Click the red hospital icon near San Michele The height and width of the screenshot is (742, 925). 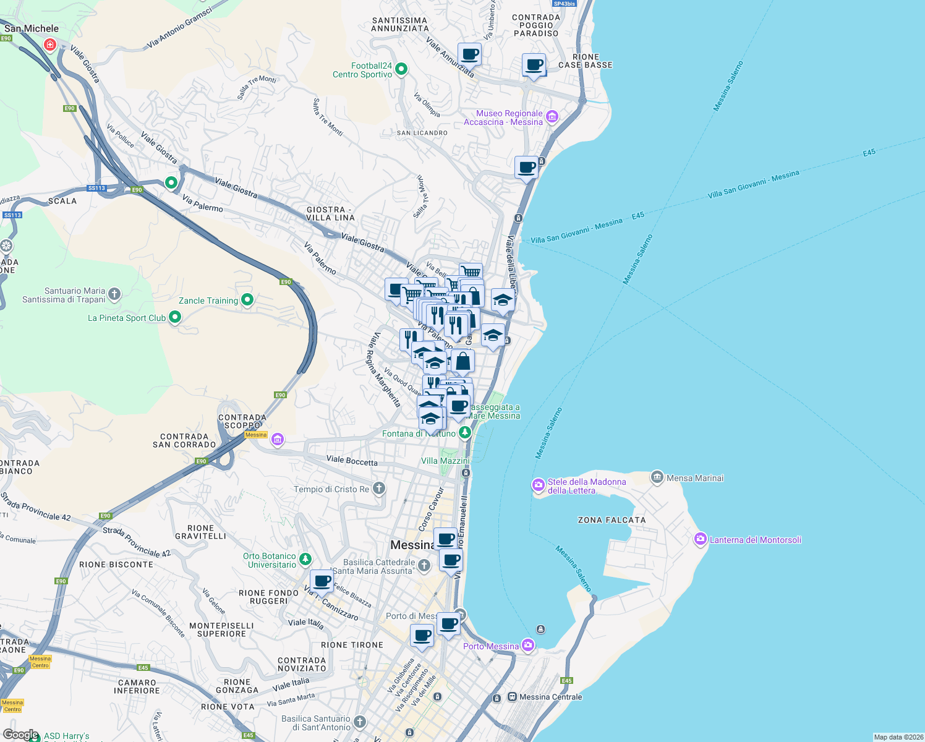50,45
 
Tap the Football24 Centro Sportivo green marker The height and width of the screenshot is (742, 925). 401,69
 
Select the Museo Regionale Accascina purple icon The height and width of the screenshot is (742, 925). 552,117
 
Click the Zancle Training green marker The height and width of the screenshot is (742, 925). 247,300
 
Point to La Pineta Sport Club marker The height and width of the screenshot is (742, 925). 175,317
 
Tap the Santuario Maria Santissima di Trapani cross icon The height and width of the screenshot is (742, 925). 114,294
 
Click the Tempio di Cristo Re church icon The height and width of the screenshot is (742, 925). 379,488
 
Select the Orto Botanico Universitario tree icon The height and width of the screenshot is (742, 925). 305,560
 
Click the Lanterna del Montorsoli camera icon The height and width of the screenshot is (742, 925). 700,539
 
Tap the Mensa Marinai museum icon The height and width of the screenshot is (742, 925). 657,477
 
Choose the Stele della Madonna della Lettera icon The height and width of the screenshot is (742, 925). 539,485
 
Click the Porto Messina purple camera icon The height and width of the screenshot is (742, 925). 527,646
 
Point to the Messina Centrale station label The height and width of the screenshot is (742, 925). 550,697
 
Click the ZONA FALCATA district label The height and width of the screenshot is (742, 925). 611,520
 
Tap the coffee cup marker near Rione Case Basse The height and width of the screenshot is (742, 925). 534,65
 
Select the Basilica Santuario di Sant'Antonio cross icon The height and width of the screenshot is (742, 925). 360,722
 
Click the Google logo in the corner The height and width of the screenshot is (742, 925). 20,734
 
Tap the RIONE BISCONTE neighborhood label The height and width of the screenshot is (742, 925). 116,565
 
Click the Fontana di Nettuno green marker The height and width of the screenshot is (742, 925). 464,433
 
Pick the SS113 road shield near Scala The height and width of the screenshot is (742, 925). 96,188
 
